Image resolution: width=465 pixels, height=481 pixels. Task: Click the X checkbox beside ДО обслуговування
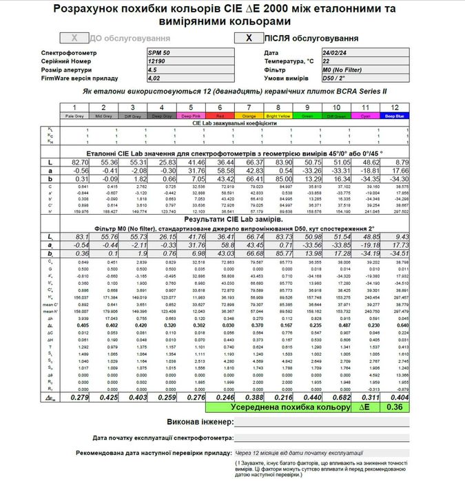pos(74,39)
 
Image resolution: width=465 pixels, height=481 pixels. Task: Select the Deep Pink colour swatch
pos(190,116)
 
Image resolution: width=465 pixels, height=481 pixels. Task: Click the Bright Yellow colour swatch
pos(278,116)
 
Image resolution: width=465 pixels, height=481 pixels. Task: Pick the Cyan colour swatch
pos(365,116)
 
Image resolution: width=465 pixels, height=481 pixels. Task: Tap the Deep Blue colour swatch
pos(395,116)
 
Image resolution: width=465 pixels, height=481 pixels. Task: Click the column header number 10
pos(335,108)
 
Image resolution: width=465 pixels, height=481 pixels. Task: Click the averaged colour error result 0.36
pos(395,407)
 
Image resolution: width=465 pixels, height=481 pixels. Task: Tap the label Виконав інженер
pos(200,421)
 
